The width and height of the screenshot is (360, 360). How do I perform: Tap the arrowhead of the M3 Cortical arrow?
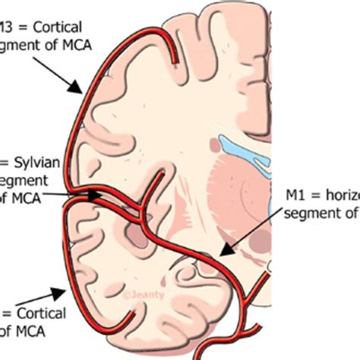click(x=81, y=93)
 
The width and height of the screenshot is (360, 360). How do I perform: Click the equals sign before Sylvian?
click(x=4, y=162)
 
